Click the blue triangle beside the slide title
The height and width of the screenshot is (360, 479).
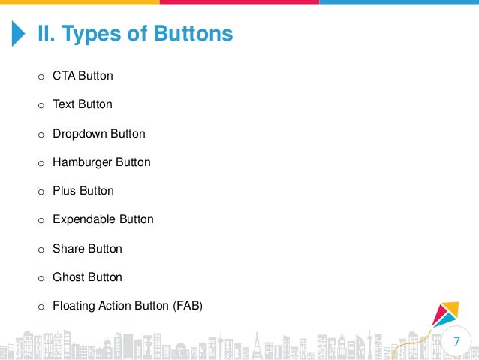[x=19, y=34]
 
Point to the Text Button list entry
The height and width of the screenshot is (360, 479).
[x=82, y=104]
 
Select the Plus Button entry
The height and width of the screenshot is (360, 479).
[x=83, y=191]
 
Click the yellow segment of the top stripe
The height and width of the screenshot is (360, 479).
[x=79, y=2]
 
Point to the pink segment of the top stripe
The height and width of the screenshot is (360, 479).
[x=239, y=2]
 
